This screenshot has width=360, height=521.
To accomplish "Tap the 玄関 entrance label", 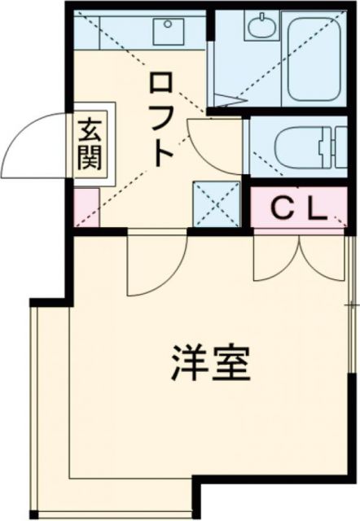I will click(x=88, y=143).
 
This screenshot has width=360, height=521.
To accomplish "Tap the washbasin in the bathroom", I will click(x=261, y=29).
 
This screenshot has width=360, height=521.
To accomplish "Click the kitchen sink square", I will click(x=169, y=32).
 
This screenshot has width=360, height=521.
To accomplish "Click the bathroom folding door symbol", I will click(x=229, y=102).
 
